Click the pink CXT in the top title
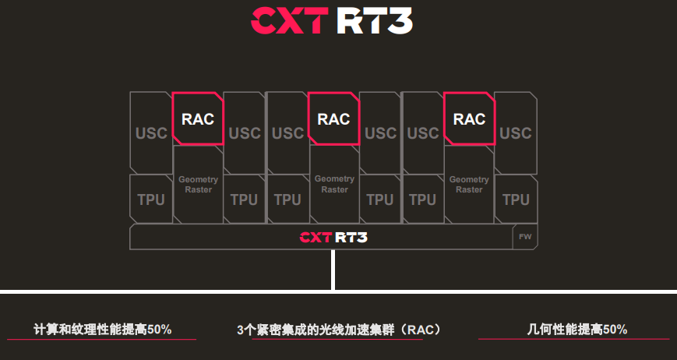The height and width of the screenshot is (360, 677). coord(289,20)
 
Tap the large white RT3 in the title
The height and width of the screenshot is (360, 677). coord(375,20)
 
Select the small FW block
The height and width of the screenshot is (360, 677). coord(525,237)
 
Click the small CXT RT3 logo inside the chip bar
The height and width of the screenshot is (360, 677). coord(333,237)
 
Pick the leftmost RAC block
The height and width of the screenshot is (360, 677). coord(198,118)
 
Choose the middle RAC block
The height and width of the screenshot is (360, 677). coord(333,118)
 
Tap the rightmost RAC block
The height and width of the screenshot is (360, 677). coord(469,118)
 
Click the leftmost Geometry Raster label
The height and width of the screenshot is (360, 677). coord(198,185)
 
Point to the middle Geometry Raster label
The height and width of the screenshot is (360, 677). coord(334,184)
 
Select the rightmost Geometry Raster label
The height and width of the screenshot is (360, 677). coord(469,185)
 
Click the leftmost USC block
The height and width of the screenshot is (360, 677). coord(151,133)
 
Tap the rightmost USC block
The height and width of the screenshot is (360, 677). coord(516,133)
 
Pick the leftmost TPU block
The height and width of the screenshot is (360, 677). coord(151,199)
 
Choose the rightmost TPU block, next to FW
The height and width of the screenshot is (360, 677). coord(516,199)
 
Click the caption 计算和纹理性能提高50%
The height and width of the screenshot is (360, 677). coord(103,330)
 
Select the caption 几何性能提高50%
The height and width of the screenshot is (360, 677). coord(577,330)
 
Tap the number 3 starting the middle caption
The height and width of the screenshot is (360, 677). coord(241,330)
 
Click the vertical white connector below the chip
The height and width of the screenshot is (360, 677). coord(333,270)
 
